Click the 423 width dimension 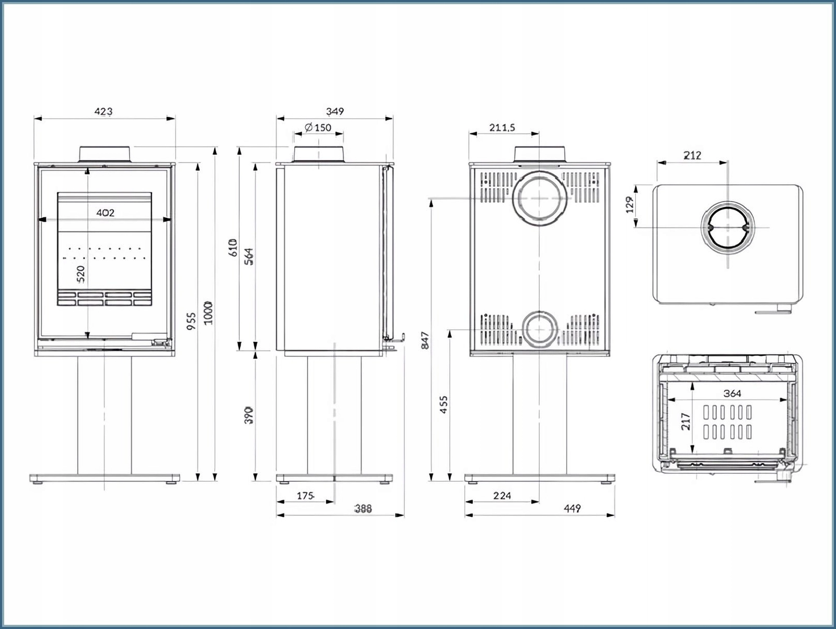[103, 111]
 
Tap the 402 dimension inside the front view [105, 213]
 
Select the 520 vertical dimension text [80, 274]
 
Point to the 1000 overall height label [208, 312]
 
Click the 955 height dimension [191, 321]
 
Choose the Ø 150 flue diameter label [318, 127]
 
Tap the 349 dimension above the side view [335, 111]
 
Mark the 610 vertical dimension [233, 247]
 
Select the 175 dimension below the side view [305, 496]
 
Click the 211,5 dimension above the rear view [502, 127]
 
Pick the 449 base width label [573, 508]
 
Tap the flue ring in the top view [728, 227]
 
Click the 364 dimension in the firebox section [732, 393]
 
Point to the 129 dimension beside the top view [630, 204]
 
